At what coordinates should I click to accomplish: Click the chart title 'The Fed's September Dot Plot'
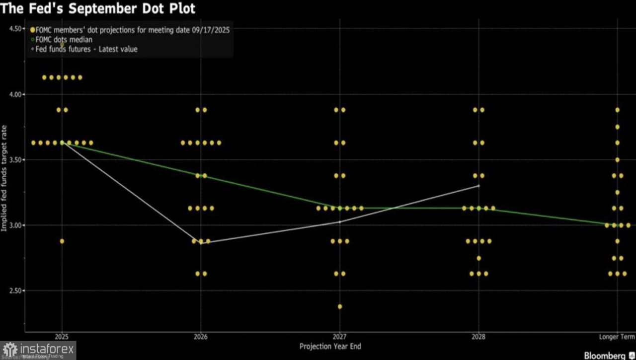point(98,8)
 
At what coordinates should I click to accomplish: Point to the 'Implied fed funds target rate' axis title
point(4,177)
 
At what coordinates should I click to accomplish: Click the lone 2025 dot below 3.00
point(62,241)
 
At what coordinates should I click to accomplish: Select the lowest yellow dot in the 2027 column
point(340,306)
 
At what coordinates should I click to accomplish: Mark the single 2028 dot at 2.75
point(478,258)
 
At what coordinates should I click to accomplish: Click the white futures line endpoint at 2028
point(478,186)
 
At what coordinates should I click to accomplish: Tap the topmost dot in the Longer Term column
point(618,110)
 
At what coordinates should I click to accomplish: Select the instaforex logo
point(38,350)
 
